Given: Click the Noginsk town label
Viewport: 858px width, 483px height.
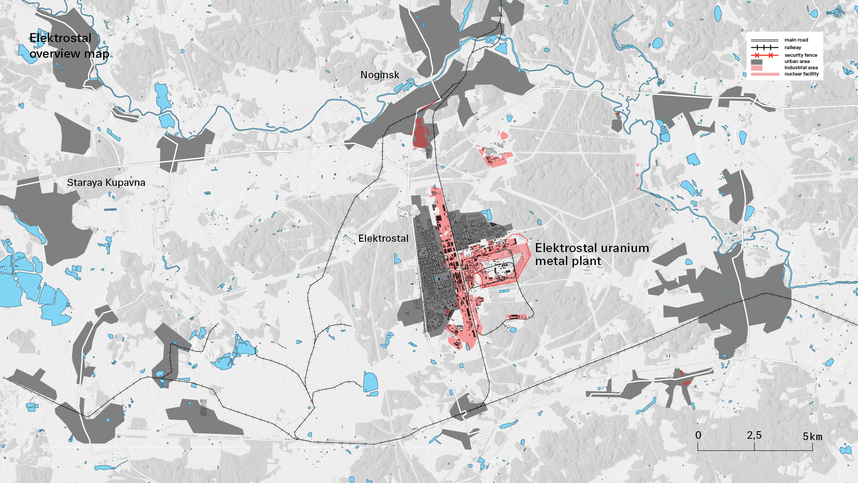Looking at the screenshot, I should [380, 75].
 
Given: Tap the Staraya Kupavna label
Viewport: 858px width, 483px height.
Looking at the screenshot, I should [106, 183].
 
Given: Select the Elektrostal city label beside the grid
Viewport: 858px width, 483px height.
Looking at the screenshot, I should [383, 239].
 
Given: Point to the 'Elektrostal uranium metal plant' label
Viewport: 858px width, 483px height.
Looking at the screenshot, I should [592, 254].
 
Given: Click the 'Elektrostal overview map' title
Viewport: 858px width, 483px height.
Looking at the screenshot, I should [69, 46].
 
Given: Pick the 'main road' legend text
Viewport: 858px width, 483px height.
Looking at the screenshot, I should [796, 40].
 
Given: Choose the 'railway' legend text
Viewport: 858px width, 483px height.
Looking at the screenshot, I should [793, 48].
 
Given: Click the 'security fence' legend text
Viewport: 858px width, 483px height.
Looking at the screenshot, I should [801, 55].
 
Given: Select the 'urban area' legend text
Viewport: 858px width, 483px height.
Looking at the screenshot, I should [797, 62].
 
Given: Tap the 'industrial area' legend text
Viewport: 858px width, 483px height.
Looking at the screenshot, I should [801, 68].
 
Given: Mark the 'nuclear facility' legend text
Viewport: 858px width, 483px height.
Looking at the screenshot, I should [802, 74].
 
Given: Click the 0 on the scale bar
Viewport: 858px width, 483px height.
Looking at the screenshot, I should [698, 435].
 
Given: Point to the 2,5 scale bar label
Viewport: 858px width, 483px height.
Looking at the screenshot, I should [754, 435].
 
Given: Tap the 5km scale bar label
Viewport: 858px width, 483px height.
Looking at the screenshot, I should [812, 437].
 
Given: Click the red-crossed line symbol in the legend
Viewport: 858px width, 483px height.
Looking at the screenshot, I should [764, 55].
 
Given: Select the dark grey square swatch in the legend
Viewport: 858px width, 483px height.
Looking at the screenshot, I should [757, 62].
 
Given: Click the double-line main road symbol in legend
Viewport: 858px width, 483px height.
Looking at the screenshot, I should [764, 40].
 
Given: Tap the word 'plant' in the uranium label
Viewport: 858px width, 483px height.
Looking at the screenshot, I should [586, 261].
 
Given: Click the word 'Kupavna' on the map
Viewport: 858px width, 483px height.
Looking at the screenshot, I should [125, 183].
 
